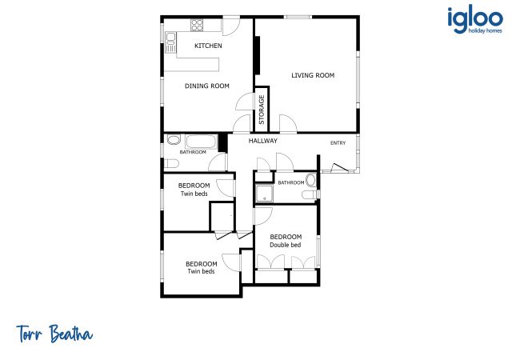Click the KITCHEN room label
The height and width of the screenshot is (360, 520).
pyautogui.click(x=208, y=46)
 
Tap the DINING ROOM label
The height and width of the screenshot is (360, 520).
pyautogui.click(x=207, y=86)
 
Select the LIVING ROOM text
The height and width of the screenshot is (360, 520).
pyautogui.click(x=313, y=75)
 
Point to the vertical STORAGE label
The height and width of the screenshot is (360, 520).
pyautogui.click(x=262, y=110)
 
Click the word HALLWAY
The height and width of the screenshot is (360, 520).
pyautogui.click(x=263, y=141)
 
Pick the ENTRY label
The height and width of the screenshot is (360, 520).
pyautogui.click(x=338, y=143)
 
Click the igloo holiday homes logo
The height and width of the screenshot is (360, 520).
pyautogui.click(x=475, y=21)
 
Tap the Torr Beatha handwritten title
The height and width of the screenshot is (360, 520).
pyautogui.click(x=54, y=334)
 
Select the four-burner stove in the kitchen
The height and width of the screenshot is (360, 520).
pyautogui.click(x=197, y=25)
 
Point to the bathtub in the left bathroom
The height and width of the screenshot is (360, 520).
pyautogui.click(x=201, y=142)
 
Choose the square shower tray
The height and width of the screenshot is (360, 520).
pyautogui.click(x=264, y=194)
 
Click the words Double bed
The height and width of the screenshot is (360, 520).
pyautogui.click(x=286, y=245)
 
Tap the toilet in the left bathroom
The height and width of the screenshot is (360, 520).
pyautogui.click(x=172, y=163)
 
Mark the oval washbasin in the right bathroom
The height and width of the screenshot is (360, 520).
pyautogui.click(x=310, y=180)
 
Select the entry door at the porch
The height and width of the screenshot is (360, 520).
pyautogui.click(x=339, y=167)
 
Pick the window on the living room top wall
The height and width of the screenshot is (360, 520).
pyautogui.click(x=298, y=17)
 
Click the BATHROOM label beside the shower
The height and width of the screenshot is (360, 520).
pyautogui.click(x=291, y=182)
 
